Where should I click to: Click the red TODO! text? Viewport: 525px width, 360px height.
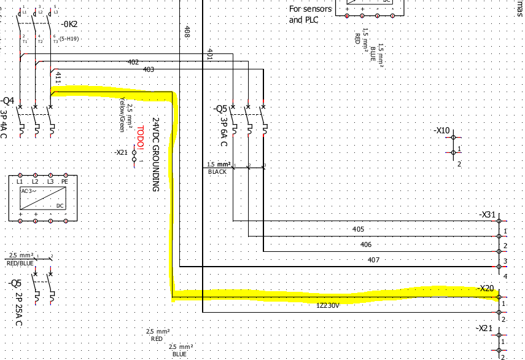(x=141, y=136)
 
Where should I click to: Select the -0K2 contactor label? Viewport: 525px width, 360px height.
(x=69, y=25)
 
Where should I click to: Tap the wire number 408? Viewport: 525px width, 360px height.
(x=187, y=31)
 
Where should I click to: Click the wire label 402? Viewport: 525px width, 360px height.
(x=133, y=62)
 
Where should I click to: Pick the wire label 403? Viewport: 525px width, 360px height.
(x=148, y=69)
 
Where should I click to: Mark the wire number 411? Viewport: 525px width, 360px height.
(x=58, y=77)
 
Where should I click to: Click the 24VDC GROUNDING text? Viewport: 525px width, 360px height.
(x=156, y=154)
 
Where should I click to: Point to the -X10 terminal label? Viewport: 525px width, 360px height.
(x=442, y=131)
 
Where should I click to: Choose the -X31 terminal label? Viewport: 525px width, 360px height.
(x=486, y=214)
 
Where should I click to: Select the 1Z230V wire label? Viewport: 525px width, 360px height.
(x=328, y=305)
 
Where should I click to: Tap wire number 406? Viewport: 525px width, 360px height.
(x=366, y=245)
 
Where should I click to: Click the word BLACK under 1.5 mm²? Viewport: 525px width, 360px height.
(x=217, y=172)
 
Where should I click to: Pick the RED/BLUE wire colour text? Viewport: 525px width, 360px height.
(x=20, y=262)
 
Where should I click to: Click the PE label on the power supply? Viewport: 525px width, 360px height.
(x=64, y=182)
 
